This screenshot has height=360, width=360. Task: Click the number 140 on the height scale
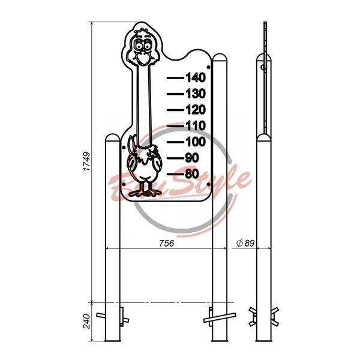coord(196,77)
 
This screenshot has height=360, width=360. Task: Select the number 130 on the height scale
coord(196,94)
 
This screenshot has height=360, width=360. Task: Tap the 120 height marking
coord(196,110)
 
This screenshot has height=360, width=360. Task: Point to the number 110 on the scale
coord(196,126)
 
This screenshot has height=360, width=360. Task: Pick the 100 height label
coord(196,142)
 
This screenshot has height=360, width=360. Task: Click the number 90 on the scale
coord(192,158)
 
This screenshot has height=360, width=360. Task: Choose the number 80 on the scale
coord(192,174)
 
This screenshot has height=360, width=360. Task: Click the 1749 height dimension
coord(87,161)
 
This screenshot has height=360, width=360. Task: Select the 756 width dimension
coord(167,243)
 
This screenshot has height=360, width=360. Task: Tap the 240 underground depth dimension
coord(87,321)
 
